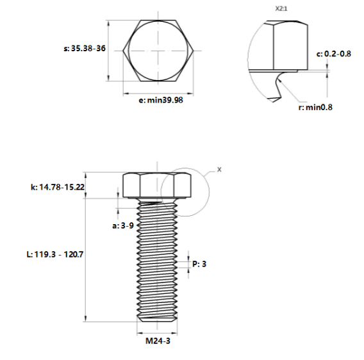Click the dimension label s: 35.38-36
(x=85, y=49)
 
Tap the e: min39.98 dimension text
(x=161, y=100)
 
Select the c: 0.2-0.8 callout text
(x=334, y=54)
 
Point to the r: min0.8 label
(x=315, y=107)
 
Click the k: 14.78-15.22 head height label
(x=58, y=187)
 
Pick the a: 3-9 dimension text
(x=123, y=225)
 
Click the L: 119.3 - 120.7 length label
(x=54, y=254)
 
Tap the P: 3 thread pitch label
(x=199, y=264)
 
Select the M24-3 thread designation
(x=158, y=341)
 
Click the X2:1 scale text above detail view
(x=281, y=8)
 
